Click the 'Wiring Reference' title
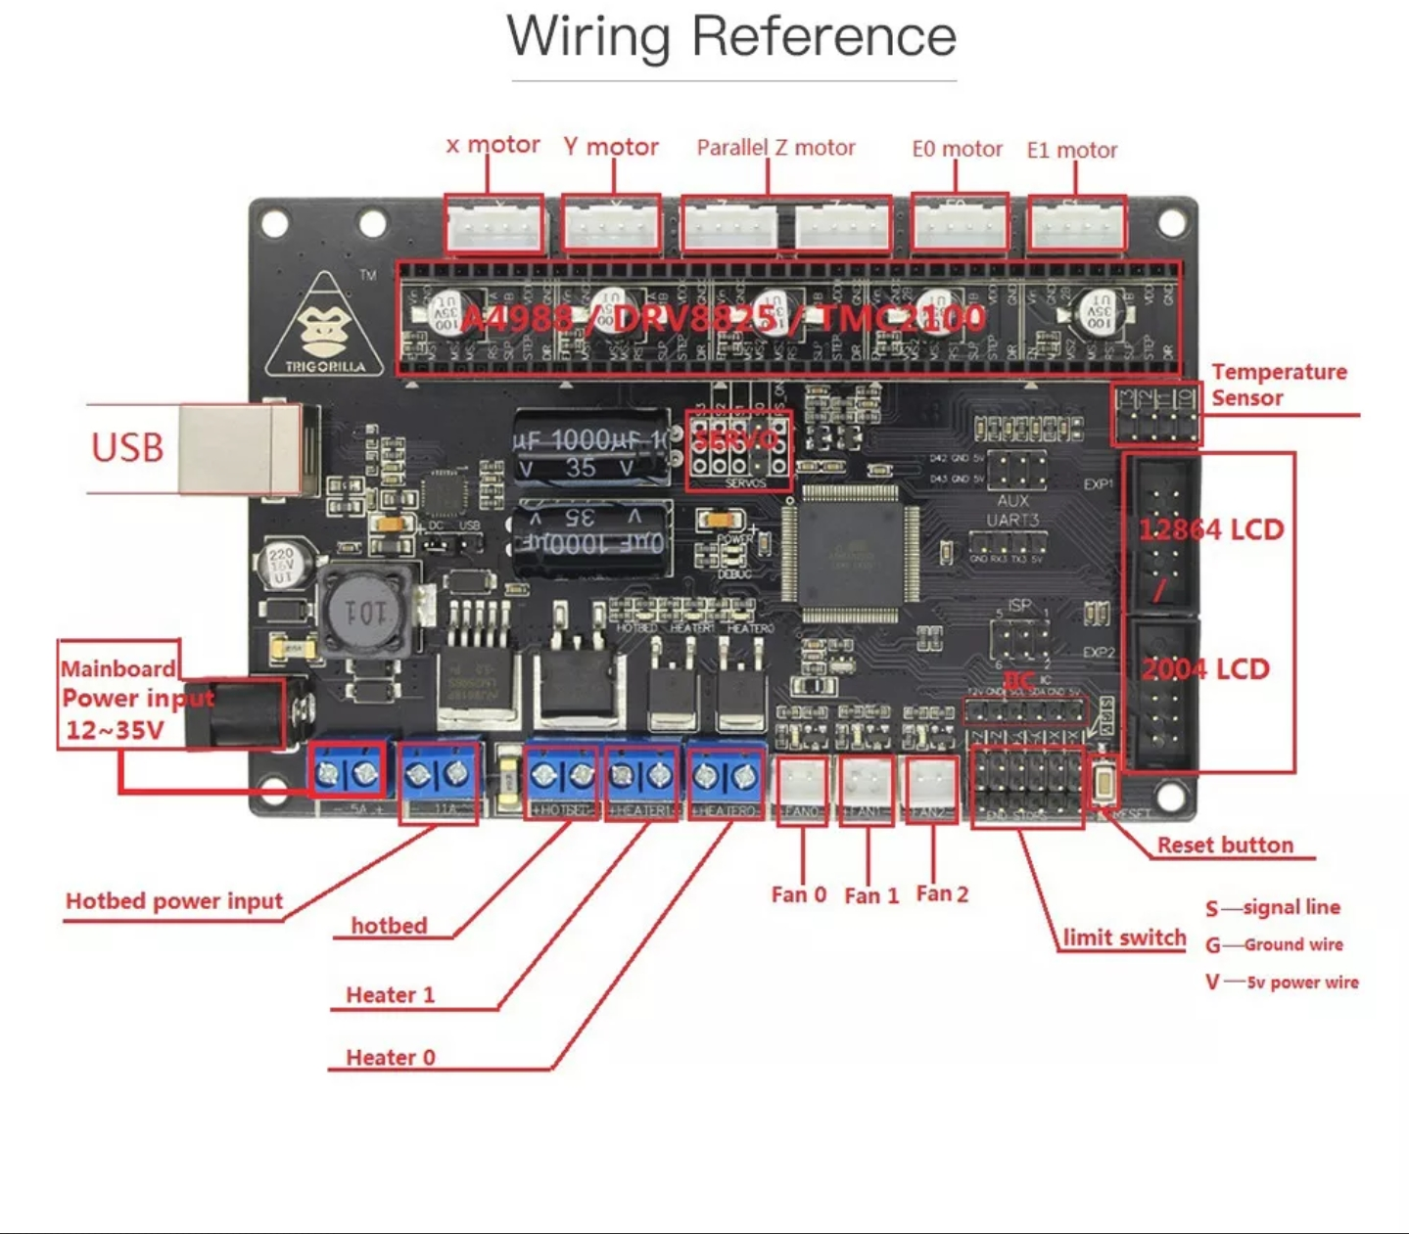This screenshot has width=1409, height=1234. pos(731,37)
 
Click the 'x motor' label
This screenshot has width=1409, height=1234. pos(493,146)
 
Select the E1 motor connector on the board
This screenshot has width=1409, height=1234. pos(1076,224)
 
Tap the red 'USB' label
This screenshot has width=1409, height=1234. pos(127,447)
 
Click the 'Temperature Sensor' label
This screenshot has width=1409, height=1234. pos(1278,385)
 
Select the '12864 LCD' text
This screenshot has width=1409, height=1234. pos(1210,530)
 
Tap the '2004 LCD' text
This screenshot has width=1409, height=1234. pos(1205,669)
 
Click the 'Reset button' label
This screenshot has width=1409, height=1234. pos(1225,846)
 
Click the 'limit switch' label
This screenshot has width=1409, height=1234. pos(1124,937)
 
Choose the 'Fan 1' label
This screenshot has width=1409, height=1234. pos(870,895)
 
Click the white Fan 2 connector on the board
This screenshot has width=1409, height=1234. pos(931,785)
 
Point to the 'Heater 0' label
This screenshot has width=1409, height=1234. pos(390,1058)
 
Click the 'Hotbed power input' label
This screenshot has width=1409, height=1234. pos(174,901)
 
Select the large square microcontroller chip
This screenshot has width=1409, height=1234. pos(850,554)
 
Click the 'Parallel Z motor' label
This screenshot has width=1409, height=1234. pos(775,148)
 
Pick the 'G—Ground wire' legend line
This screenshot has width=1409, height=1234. pos(1274,945)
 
